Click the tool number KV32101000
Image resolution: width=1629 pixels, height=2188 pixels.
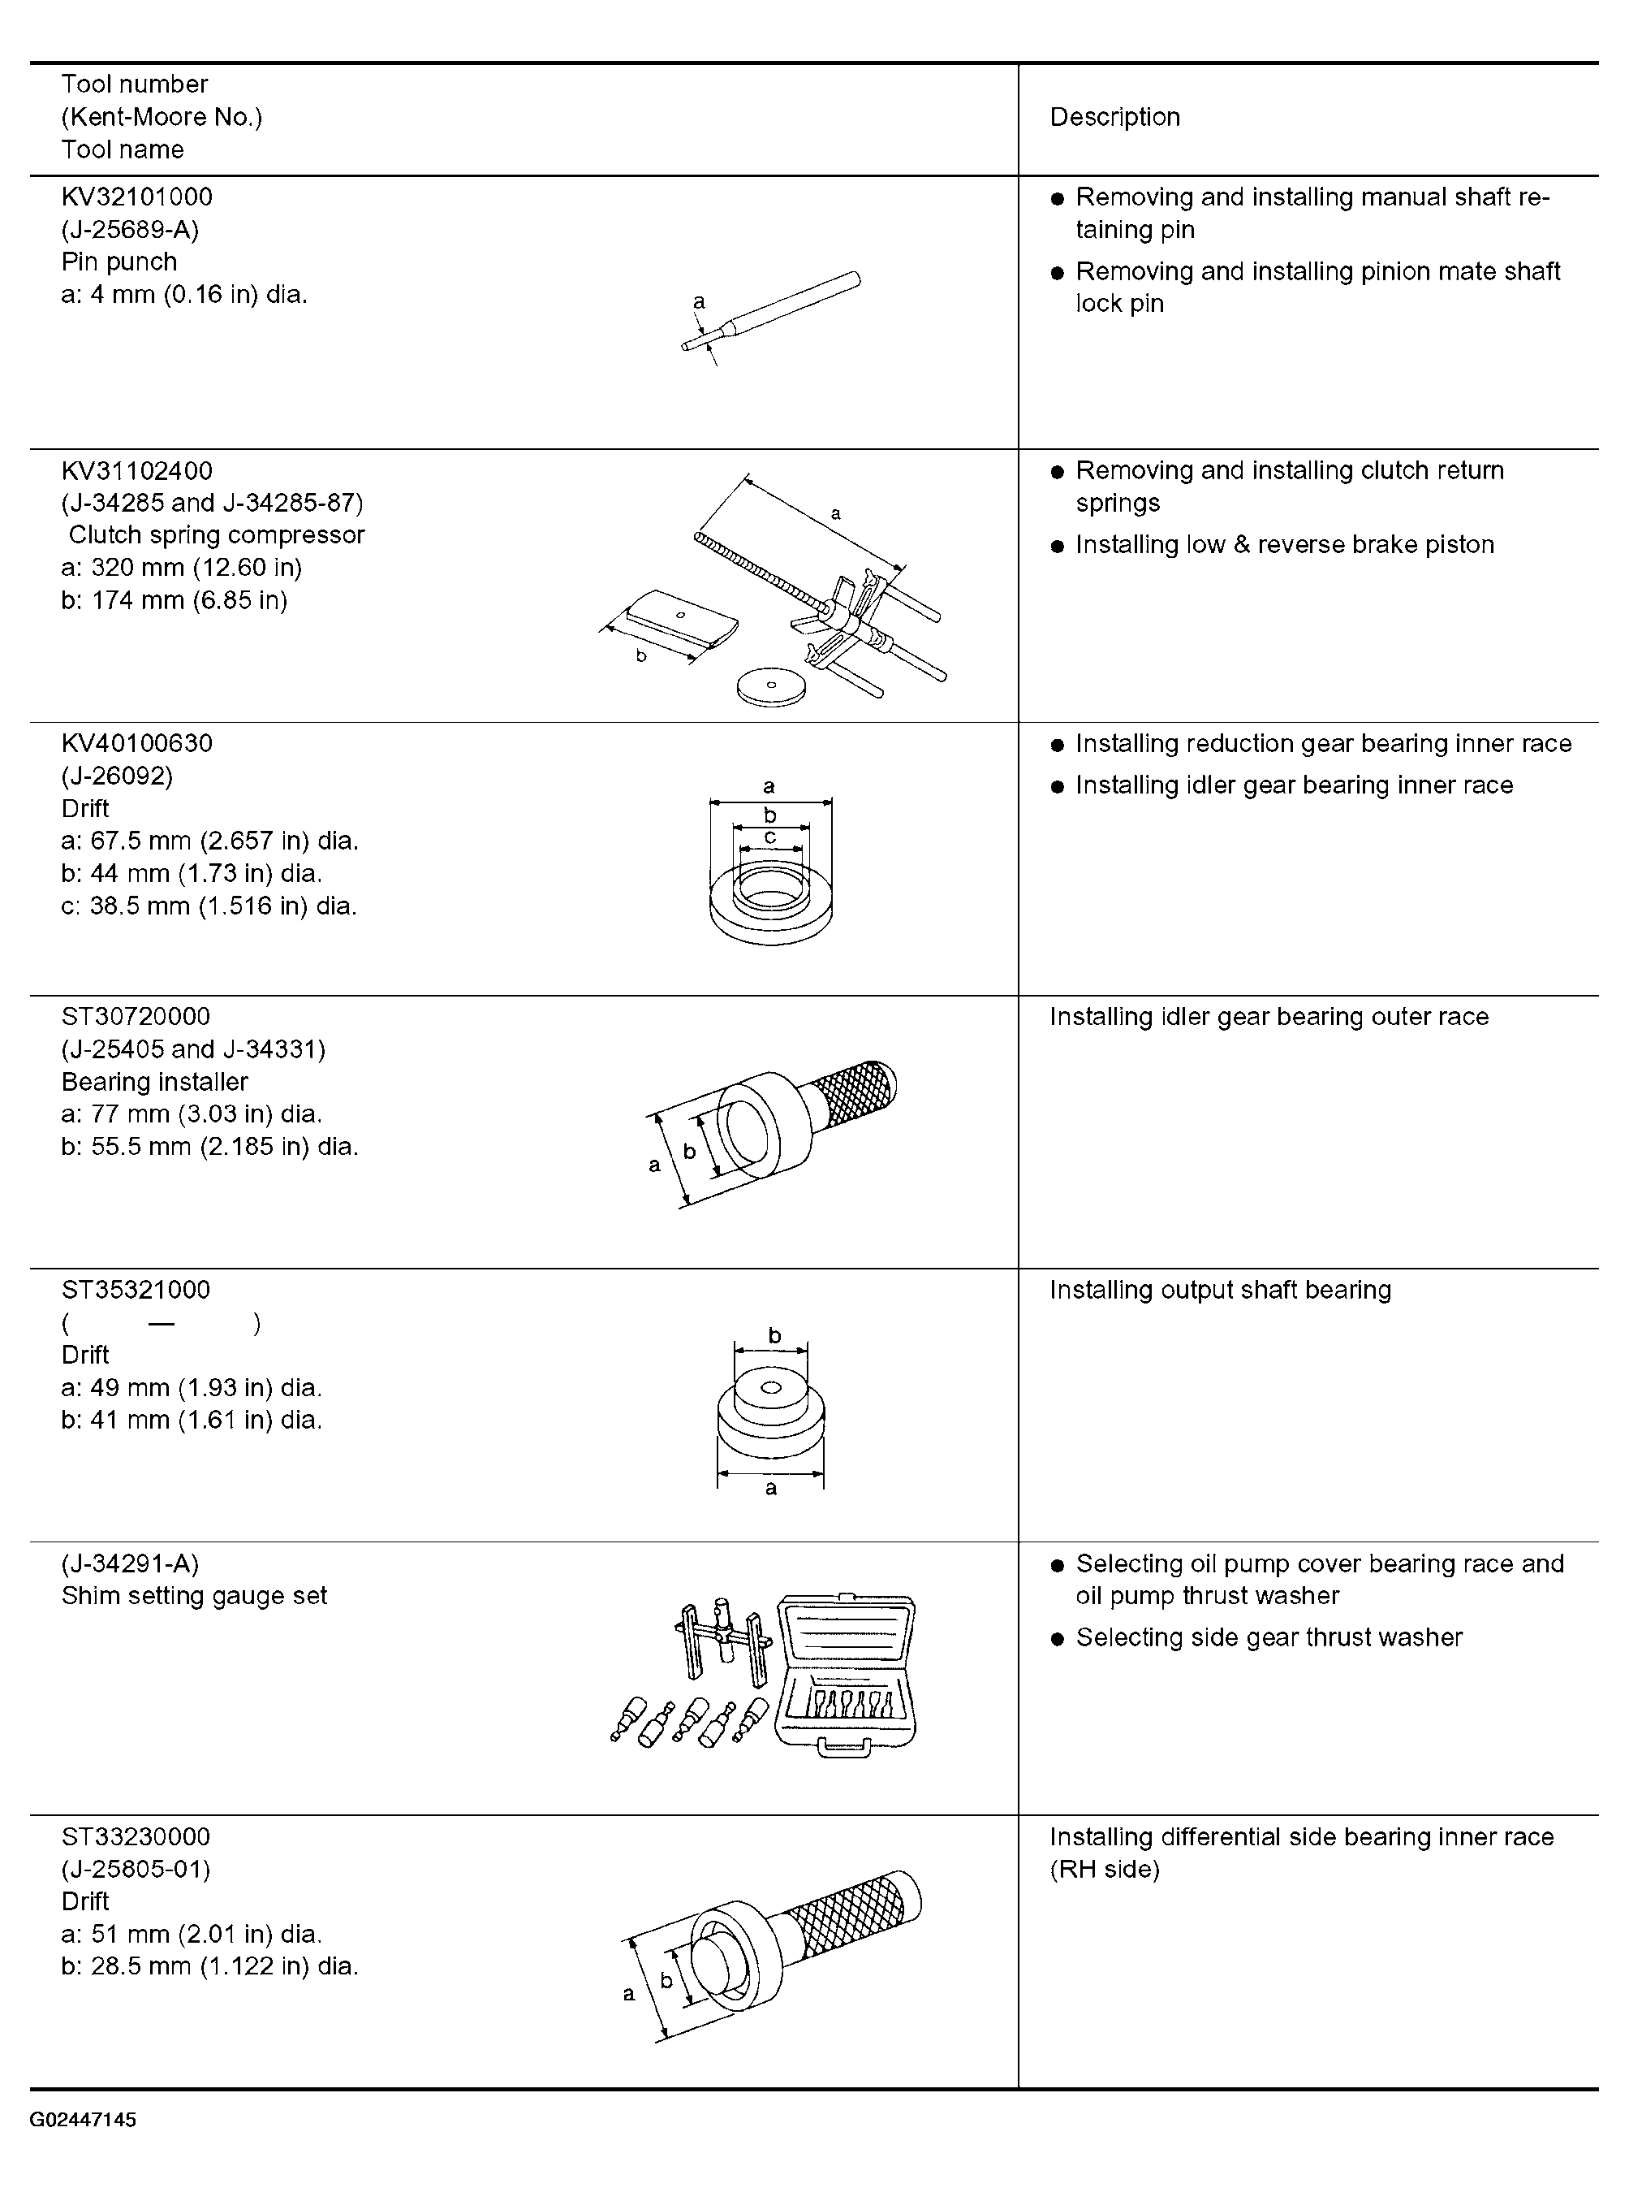click(x=136, y=197)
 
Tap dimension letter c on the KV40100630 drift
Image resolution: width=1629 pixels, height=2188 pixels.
click(x=770, y=837)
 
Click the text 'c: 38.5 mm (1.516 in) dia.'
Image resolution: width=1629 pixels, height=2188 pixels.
click(x=209, y=906)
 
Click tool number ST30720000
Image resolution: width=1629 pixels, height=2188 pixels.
click(x=136, y=1016)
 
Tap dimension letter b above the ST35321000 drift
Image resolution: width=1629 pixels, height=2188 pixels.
click(x=774, y=1336)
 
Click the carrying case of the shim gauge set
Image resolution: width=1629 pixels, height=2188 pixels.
click(x=846, y=1675)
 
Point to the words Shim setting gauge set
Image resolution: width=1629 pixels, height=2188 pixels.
click(x=194, y=1595)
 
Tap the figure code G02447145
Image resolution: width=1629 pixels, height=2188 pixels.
click(x=83, y=2119)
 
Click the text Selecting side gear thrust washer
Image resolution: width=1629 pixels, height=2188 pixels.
click(x=1269, y=1637)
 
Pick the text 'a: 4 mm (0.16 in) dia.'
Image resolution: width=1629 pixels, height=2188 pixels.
click(x=184, y=294)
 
